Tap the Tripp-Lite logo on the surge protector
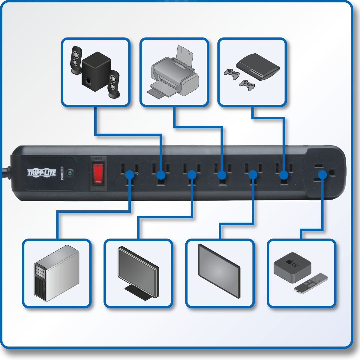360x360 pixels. click(42, 173)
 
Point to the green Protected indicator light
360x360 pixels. click(70, 173)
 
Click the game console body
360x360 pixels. click(258, 67)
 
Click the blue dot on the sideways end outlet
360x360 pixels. click(322, 175)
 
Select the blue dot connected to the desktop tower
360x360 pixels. click(130, 175)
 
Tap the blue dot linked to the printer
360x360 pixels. click(222, 175)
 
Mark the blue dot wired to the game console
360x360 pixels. click(284, 175)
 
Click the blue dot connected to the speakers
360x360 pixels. click(161, 175)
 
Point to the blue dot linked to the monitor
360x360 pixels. click(192, 175)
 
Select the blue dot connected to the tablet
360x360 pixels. click(253, 175)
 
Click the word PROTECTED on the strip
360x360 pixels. click(62, 173)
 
